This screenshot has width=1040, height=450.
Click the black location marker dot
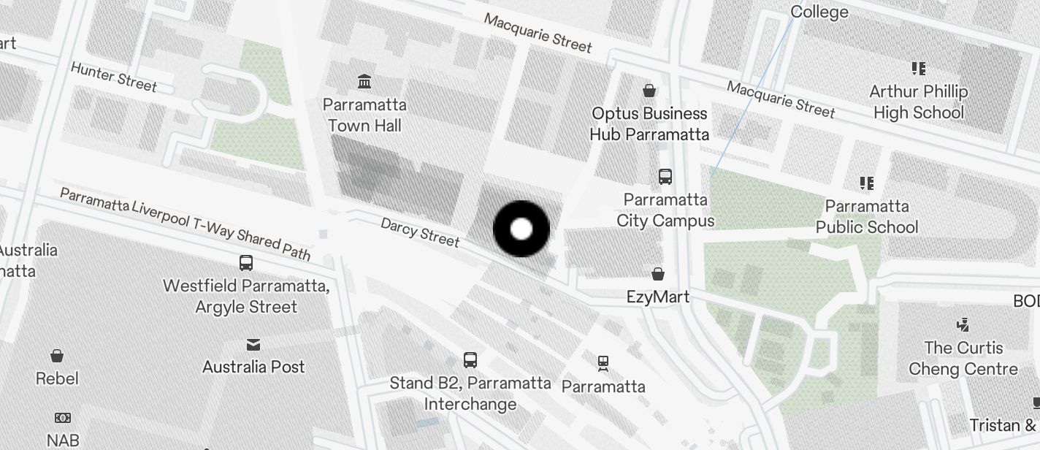pyautogui.click(x=521, y=229)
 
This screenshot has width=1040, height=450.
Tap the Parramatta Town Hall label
pyautogui.click(x=364, y=115)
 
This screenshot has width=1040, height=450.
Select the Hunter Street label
pyautogui.click(x=113, y=76)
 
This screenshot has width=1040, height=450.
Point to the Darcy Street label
pyautogui.click(x=420, y=232)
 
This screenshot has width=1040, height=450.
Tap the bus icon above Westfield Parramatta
pyautogui.click(x=246, y=263)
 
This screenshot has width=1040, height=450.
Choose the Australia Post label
pyautogui.click(x=253, y=367)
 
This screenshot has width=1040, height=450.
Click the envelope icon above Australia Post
pyautogui.click(x=253, y=344)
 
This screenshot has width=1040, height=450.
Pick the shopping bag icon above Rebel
pyautogui.click(x=57, y=356)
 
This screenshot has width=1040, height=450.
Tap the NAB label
pyautogui.click(x=63, y=440)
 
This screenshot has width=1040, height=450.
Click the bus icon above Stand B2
pyautogui.click(x=470, y=359)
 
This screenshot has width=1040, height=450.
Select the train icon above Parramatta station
pyautogui.click(x=603, y=363)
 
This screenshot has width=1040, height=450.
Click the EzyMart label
pyautogui.click(x=658, y=297)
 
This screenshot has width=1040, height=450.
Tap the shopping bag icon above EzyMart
pyautogui.click(x=658, y=274)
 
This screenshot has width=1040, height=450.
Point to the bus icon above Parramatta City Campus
pyautogui.click(x=665, y=176)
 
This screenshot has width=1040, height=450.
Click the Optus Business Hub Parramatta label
pyautogui.click(x=649, y=124)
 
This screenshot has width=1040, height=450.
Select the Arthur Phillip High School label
pyautogui.click(x=919, y=102)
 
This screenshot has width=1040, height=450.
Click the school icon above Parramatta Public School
pyautogui.click(x=867, y=183)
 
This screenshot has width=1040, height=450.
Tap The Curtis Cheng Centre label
pyautogui.click(x=963, y=358)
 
